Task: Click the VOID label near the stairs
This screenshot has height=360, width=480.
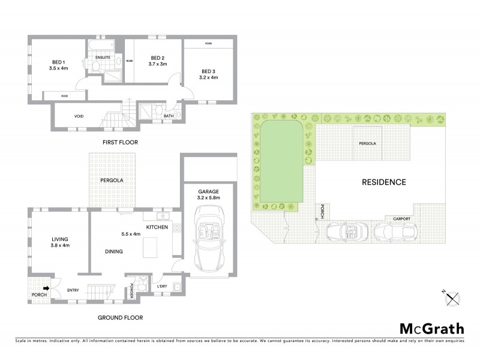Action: coord(79,116)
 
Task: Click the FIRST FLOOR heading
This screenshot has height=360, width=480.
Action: coord(119,142)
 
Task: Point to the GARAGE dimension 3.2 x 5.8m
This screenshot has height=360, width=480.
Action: coord(209,197)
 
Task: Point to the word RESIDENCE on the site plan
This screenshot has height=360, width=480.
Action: coord(383,182)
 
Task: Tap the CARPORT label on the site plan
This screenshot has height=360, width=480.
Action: coord(401,219)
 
